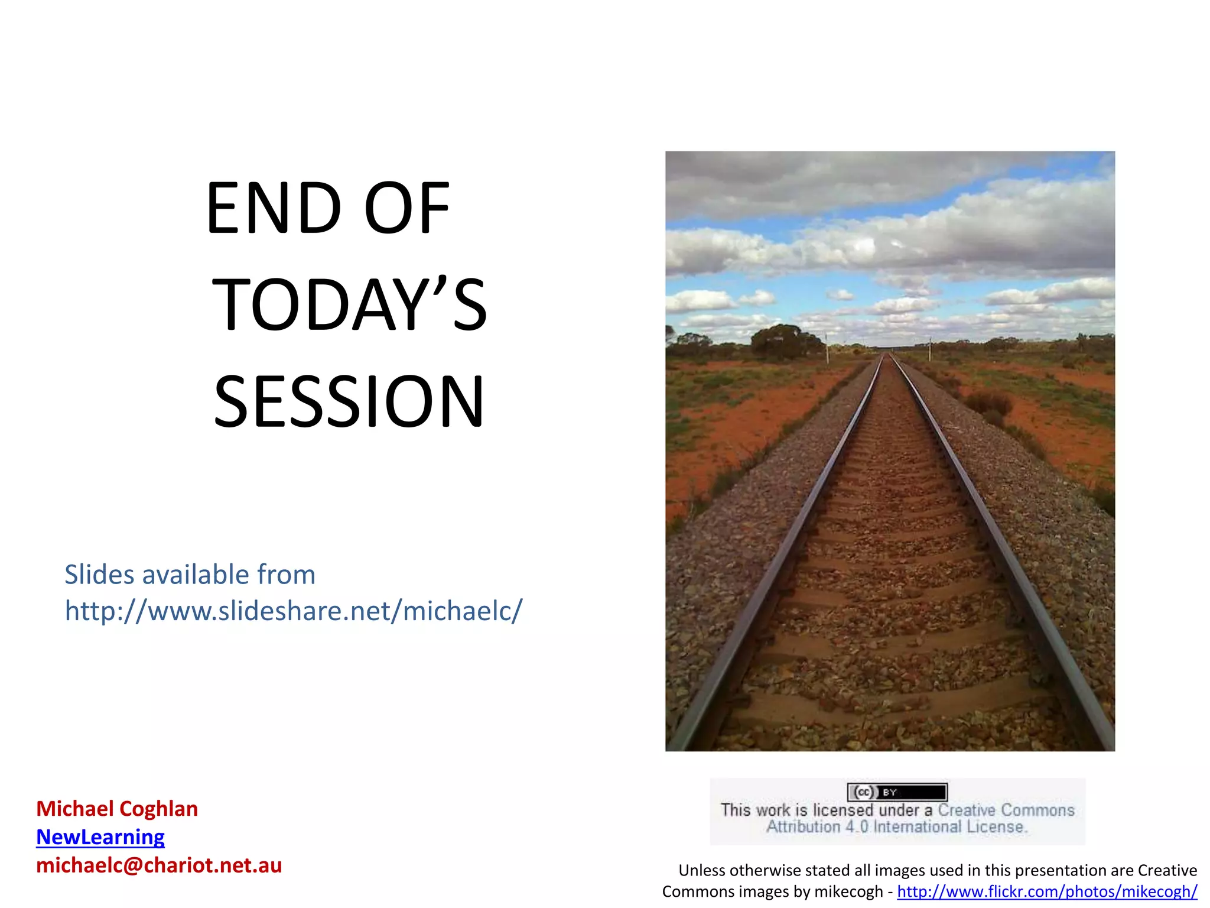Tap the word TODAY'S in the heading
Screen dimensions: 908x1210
tap(349, 305)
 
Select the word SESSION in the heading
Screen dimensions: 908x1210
tap(349, 402)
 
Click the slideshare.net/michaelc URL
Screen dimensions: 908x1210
tap(294, 611)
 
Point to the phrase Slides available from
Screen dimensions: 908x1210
tap(190, 575)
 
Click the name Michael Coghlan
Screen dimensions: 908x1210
tap(117, 809)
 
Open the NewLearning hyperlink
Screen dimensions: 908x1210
tap(100, 837)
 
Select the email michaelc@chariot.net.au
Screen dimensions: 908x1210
tap(159, 865)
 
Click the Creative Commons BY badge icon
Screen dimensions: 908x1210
tap(897, 792)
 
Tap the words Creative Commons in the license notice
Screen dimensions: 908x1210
tap(1006, 810)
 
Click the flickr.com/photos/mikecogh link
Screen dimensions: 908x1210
tap(1047, 891)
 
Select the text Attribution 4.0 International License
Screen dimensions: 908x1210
tap(897, 827)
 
